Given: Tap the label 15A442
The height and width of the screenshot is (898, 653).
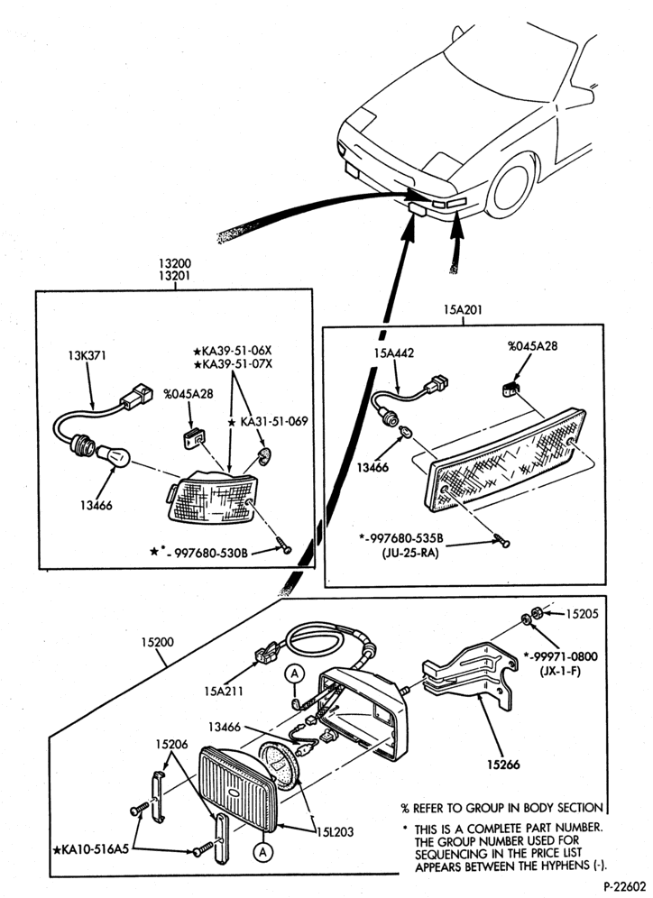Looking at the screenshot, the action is [394, 353].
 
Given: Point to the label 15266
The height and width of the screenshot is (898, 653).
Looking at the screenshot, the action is [504, 764].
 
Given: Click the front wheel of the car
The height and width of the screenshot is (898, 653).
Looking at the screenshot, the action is [510, 185].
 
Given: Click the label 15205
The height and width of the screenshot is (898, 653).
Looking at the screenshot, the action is [582, 614].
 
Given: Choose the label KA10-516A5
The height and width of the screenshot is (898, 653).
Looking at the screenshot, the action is [91, 849].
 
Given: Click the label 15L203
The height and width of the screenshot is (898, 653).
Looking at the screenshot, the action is [334, 831].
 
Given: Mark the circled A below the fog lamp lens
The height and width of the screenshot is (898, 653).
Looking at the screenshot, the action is [263, 852].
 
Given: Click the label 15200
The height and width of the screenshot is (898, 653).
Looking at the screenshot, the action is [158, 642].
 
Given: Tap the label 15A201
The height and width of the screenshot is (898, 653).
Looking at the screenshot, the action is [463, 310].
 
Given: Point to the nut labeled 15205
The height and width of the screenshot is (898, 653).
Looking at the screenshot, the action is [538, 613].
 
